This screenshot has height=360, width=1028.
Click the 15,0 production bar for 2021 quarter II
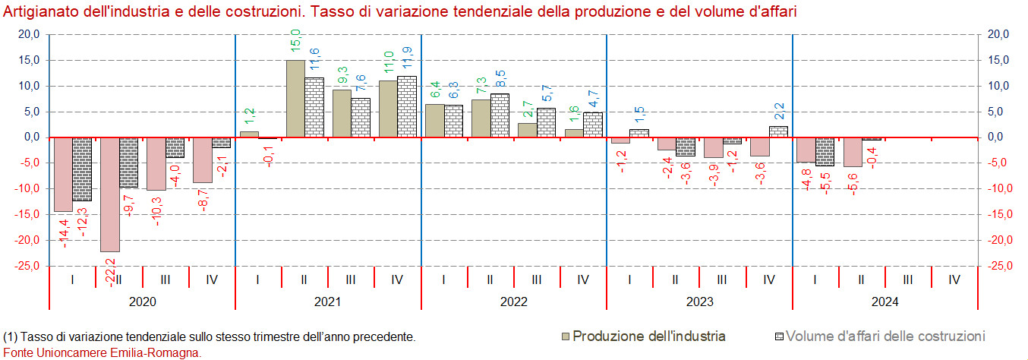pyautogui.click(x=295, y=99)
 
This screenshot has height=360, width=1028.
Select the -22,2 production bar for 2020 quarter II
pyautogui.click(x=110, y=194)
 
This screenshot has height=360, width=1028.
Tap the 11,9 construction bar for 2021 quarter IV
pyautogui.click(x=407, y=106)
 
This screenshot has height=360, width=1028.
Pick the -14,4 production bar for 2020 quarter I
pyautogui.click(x=63, y=175)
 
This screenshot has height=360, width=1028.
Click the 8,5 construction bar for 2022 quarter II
pyautogui.click(x=500, y=115)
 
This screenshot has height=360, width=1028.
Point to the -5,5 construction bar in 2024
pyautogui.click(x=825, y=152)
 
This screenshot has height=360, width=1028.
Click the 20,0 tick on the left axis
pyautogui.click(x=29, y=34)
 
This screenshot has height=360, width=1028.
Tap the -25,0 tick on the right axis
pyautogui.click(x=996, y=266)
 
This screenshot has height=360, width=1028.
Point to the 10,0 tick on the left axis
pyautogui.click(x=29, y=86)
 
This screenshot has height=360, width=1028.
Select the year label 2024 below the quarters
pyautogui.click(x=885, y=302)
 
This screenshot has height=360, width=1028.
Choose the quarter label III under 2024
pyautogui.click(x=908, y=279)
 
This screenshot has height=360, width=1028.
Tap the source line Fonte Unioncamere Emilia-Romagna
pyautogui.click(x=102, y=352)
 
